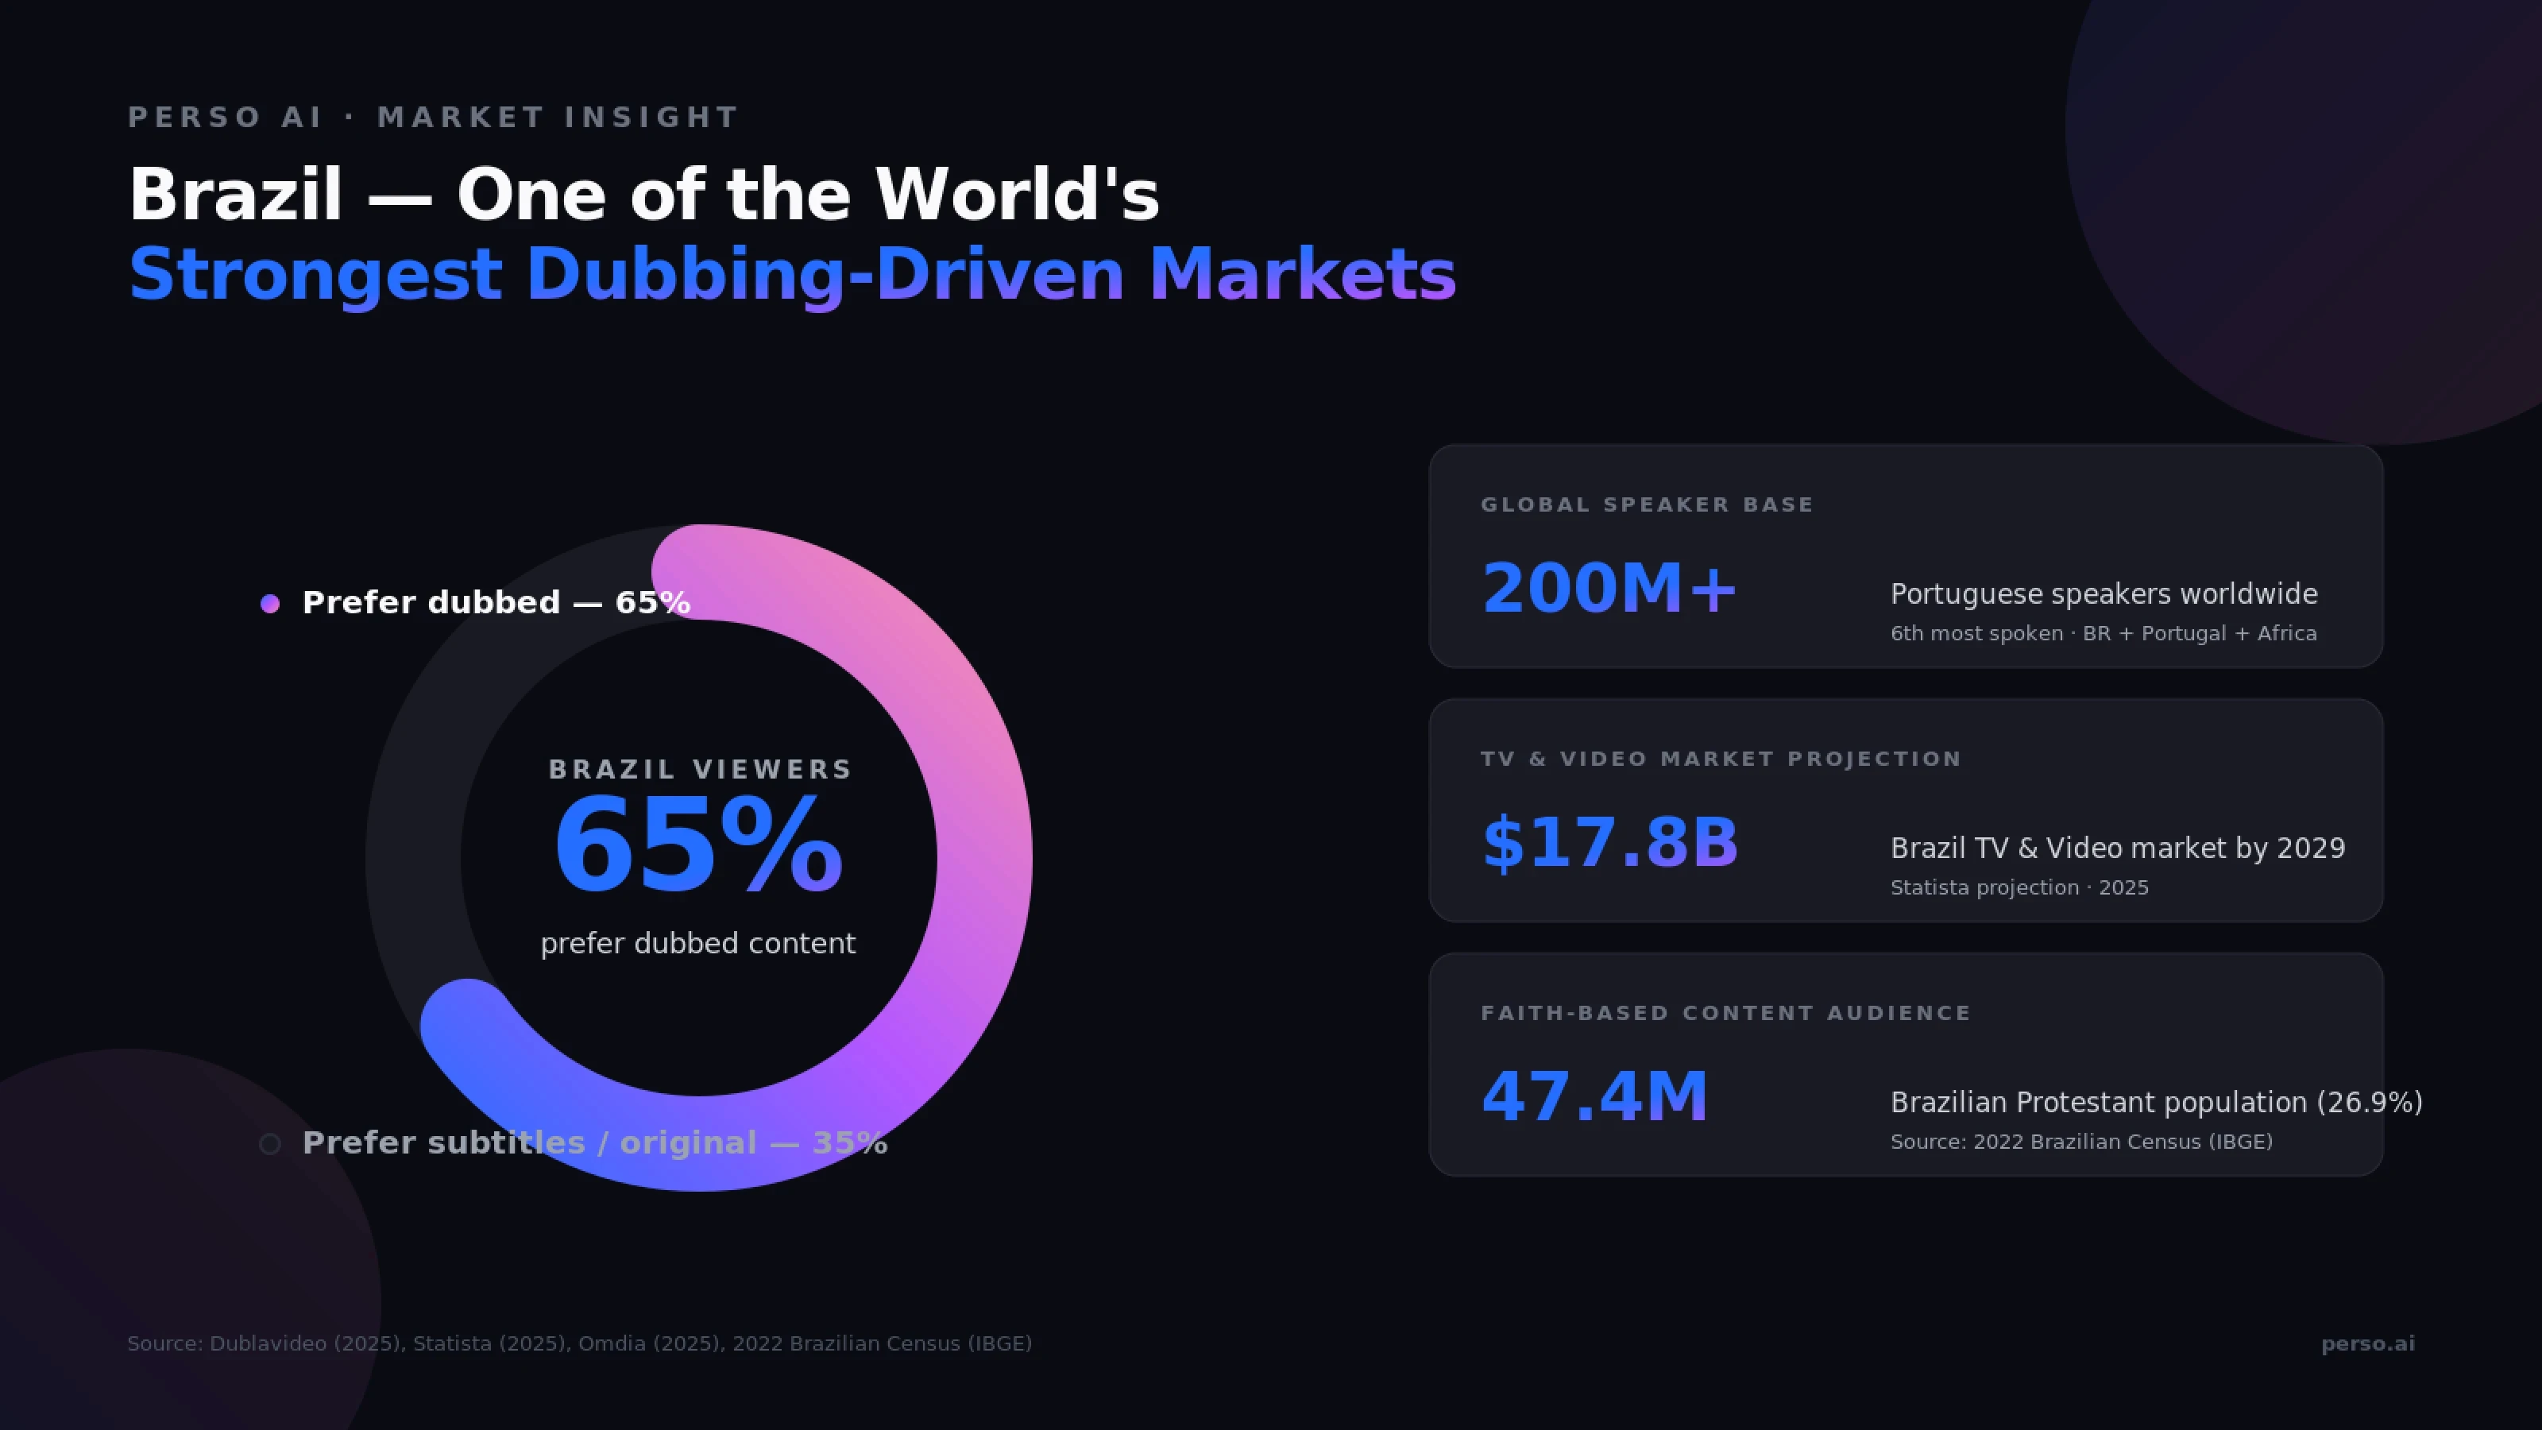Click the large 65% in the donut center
[697, 847]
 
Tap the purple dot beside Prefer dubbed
[269, 603]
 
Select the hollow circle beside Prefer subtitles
[269, 1144]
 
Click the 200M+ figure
[1609, 589]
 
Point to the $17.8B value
[1609, 844]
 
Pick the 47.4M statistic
[1594, 1097]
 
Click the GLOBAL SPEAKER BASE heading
[1647, 505]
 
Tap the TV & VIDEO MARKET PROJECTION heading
[1721, 759]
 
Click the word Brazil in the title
[236, 195]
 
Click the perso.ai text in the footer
[2367, 1344]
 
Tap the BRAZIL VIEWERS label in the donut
[700, 770]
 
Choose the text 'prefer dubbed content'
[697, 944]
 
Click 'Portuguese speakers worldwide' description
[2104, 594]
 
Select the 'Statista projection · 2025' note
[2019, 888]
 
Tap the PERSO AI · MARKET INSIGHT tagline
[433, 118]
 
